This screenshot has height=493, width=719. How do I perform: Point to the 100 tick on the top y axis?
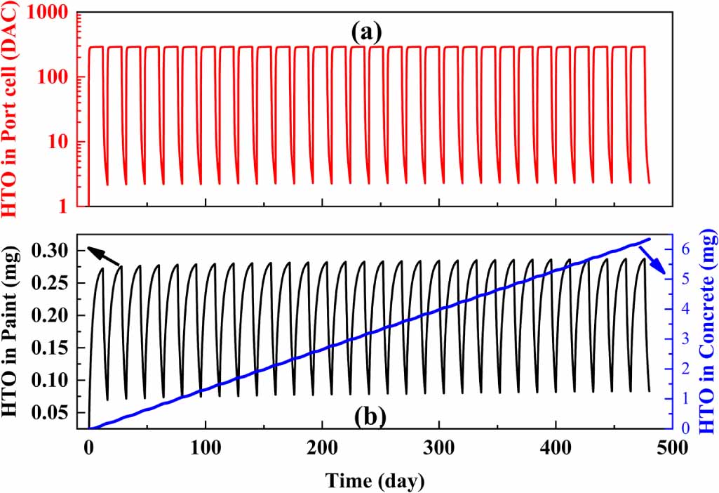pos(56,77)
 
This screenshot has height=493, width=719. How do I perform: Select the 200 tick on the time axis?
pos(322,447)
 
